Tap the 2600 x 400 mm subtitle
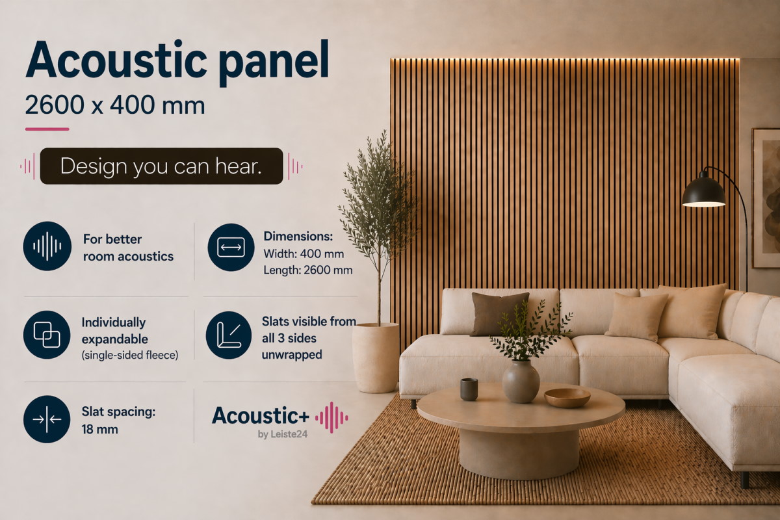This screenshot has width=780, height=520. pyautogui.click(x=115, y=105)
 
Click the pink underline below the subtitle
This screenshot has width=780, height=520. pyautogui.click(x=47, y=129)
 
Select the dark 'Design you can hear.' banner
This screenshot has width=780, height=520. pyautogui.click(x=162, y=166)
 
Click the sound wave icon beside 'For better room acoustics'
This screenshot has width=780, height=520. pyautogui.click(x=47, y=246)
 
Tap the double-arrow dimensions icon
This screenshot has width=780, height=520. pyautogui.click(x=231, y=247)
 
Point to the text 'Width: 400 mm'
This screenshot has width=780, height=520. pyautogui.click(x=304, y=254)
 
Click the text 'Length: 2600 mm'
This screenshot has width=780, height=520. pyautogui.click(x=308, y=270)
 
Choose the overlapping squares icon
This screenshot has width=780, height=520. pyautogui.click(x=47, y=335)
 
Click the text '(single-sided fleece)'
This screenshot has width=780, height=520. pyautogui.click(x=130, y=356)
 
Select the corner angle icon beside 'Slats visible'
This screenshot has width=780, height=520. pyautogui.click(x=229, y=335)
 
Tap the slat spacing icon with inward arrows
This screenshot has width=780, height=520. pyautogui.click(x=47, y=419)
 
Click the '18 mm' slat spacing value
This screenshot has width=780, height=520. pyautogui.click(x=100, y=430)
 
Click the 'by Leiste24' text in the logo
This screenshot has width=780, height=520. pyautogui.click(x=282, y=434)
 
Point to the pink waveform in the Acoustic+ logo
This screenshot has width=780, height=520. pyautogui.click(x=331, y=417)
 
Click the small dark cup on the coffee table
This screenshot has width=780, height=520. pyautogui.click(x=469, y=389)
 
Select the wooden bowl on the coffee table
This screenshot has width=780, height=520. pyautogui.click(x=567, y=398)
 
